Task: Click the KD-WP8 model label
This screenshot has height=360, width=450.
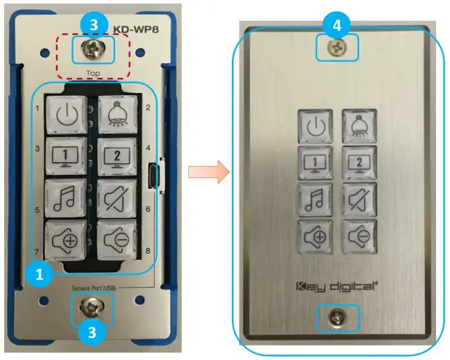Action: point(136,29)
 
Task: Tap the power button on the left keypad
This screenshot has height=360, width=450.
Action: point(67,115)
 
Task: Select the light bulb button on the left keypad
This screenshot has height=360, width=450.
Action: point(118,115)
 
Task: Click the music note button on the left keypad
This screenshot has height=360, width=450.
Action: point(66,198)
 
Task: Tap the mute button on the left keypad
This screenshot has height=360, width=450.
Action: point(117,198)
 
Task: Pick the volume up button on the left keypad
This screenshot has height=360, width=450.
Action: point(66,240)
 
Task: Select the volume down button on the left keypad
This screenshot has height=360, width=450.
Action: point(117,240)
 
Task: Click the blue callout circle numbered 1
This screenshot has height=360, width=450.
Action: point(39,275)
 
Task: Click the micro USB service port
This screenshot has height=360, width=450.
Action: point(153,176)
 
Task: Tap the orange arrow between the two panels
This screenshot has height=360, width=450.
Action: point(209,172)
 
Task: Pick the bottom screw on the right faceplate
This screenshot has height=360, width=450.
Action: point(337,318)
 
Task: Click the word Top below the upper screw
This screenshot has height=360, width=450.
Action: point(93,73)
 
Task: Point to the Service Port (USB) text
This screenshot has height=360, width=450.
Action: point(94,288)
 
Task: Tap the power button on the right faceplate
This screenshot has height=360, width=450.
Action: point(315,126)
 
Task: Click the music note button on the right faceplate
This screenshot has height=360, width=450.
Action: point(315,199)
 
